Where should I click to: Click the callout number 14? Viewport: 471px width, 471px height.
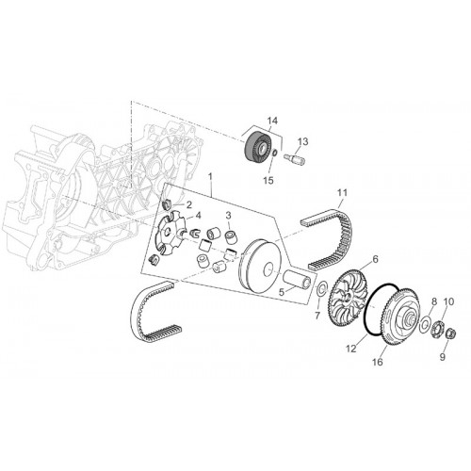[x=272, y=121]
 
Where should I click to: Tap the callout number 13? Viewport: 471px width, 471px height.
[x=303, y=141]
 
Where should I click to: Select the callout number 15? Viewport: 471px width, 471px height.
[x=268, y=180]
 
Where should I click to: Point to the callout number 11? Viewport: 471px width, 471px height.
[x=342, y=192]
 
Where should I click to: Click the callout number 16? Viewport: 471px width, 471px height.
[x=378, y=362]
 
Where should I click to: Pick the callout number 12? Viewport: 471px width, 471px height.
[x=351, y=349]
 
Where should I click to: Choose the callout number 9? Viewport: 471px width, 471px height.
[x=442, y=357]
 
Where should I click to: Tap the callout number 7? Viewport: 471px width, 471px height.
[x=317, y=316]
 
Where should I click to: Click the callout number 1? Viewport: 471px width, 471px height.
[x=210, y=177]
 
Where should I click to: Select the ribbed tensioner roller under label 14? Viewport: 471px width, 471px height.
[x=257, y=147]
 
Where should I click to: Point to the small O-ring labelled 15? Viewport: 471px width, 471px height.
[x=273, y=153]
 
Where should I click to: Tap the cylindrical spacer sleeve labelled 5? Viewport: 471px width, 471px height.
[x=298, y=279]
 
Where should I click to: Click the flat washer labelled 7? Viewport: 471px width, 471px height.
[x=321, y=288]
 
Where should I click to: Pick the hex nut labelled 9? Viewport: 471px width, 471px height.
[x=451, y=333]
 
